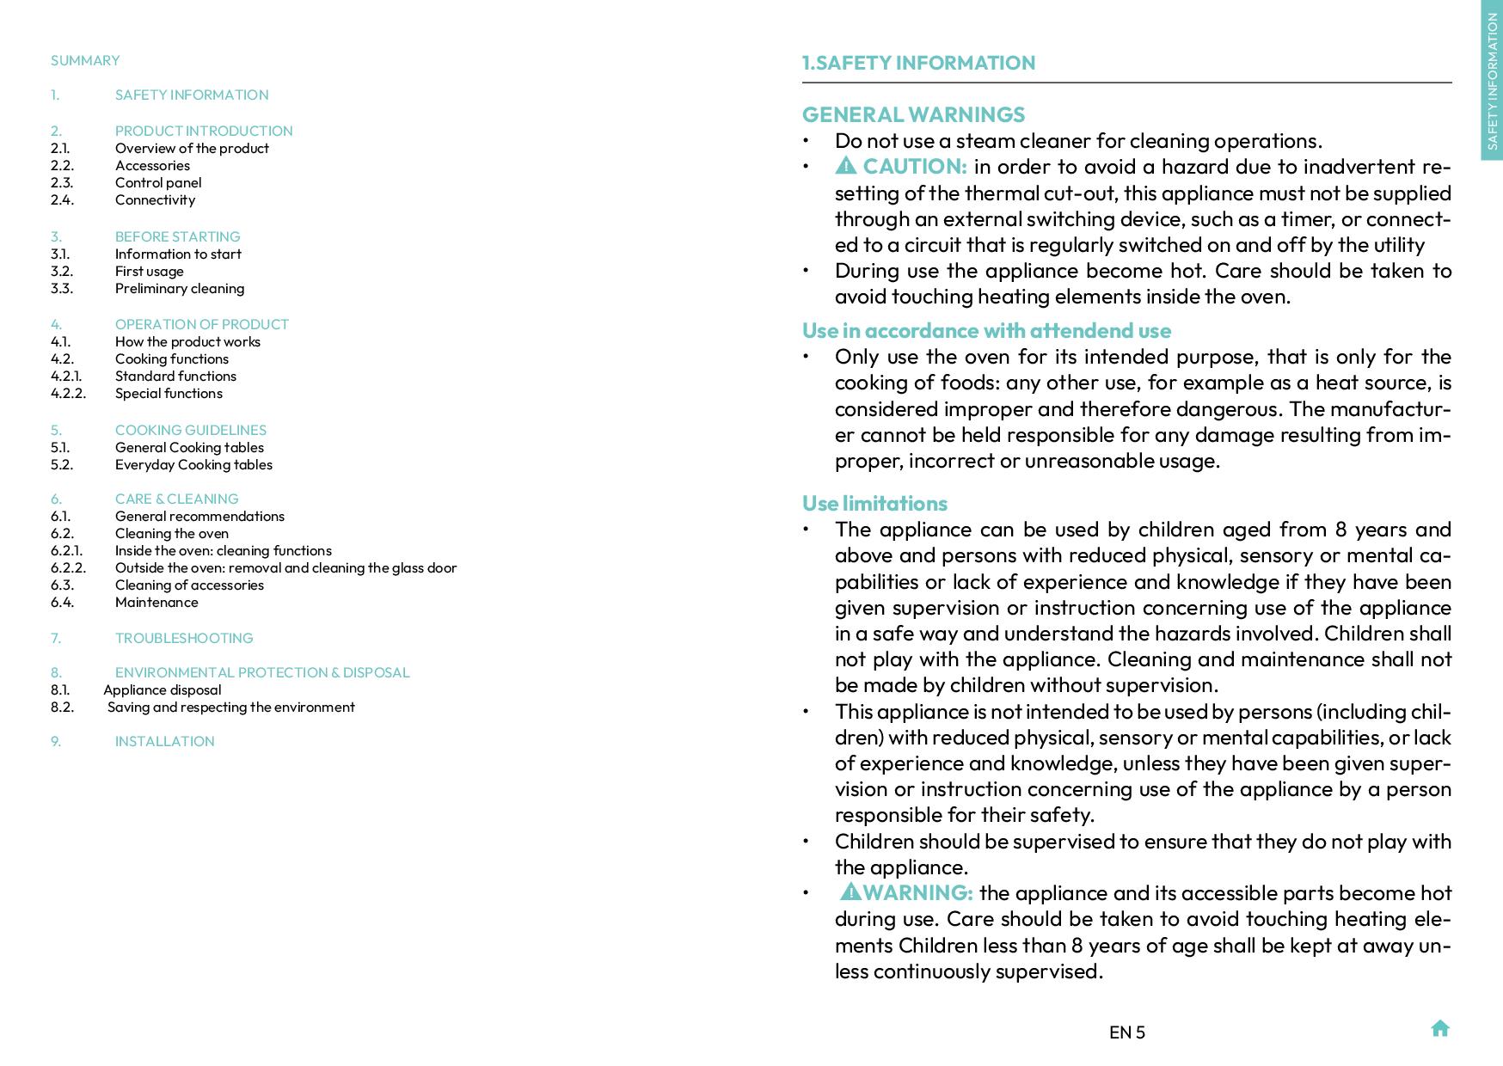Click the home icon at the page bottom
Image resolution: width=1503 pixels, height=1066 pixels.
1440,1028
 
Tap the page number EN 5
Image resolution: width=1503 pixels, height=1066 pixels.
1126,1032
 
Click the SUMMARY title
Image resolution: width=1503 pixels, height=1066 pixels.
85,60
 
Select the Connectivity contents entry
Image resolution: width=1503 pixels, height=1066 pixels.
155,199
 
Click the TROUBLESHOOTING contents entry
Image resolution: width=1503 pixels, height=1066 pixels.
184,638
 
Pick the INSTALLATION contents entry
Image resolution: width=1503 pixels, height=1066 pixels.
164,741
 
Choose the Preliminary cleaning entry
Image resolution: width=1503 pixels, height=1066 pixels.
179,288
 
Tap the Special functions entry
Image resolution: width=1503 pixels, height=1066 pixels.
169,393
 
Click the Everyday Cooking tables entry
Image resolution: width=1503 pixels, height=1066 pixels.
193,464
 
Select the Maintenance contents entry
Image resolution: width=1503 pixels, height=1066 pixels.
156,602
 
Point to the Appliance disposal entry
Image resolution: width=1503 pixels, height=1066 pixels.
162,689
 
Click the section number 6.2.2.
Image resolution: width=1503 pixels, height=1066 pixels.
68,567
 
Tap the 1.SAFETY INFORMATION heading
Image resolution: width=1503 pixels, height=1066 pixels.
918,63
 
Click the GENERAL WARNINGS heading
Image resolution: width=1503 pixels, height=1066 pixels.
913,114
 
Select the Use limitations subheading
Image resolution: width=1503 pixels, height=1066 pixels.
874,503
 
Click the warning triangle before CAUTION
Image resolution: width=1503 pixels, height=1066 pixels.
845,165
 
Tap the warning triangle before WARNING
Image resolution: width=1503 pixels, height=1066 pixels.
850,891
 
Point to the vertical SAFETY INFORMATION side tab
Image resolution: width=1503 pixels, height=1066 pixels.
1492,82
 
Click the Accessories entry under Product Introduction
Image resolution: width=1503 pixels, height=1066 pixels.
152,165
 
